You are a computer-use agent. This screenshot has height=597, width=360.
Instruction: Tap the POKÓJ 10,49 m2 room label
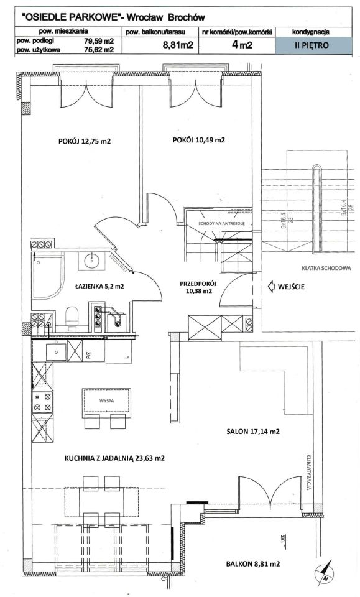tap(198, 140)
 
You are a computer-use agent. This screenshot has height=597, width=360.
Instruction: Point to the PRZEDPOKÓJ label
tap(198, 284)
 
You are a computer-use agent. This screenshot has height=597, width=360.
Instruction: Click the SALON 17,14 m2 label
tap(253, 432)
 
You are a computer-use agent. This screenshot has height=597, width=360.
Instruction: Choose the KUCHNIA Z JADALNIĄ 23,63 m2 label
tap(114, 458)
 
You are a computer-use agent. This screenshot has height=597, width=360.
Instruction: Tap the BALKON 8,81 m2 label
tap(252, 564)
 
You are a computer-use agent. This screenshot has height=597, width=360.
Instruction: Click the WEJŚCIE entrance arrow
tap(272, 287)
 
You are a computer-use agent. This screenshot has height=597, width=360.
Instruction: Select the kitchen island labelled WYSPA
tap(107, 400)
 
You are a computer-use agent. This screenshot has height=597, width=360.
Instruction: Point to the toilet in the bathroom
tap(72, 317)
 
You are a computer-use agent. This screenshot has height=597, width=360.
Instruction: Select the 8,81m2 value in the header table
tap(178, 45)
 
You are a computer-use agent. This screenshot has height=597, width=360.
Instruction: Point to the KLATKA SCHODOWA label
tap(326, 268)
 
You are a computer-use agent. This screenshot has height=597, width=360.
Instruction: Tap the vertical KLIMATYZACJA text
tap(309, 472)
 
